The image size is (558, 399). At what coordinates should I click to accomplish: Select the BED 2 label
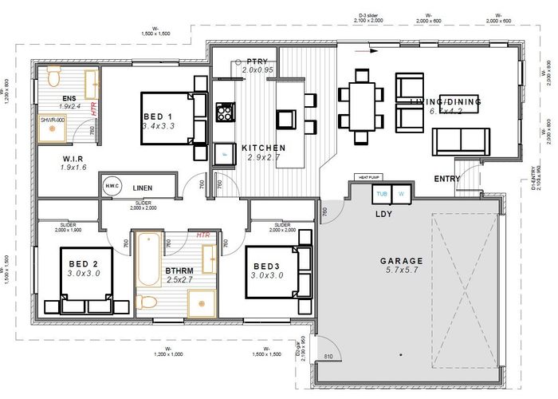83,264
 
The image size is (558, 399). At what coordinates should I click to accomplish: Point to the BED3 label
268,266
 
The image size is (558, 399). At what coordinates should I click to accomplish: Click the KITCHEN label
263,148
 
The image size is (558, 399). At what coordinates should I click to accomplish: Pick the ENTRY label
446,179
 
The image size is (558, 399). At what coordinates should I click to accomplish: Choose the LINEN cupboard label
143,188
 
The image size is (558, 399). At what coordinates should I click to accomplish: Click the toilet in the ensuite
53,78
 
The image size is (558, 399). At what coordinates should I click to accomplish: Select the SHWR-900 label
53,119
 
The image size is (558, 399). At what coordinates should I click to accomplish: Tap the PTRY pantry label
257,61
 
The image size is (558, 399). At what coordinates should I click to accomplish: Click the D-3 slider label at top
372,15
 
